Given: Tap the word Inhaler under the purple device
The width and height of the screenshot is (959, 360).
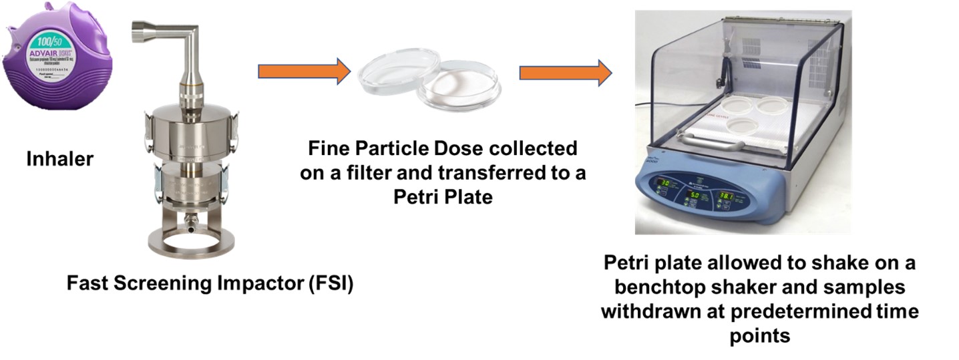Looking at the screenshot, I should point(59,159).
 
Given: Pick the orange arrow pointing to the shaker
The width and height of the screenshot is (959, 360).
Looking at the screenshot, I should point(565,71).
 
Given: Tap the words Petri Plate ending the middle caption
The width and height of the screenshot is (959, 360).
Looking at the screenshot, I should point(441,197).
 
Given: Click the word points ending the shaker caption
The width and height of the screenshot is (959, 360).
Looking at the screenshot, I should point(759,335).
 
